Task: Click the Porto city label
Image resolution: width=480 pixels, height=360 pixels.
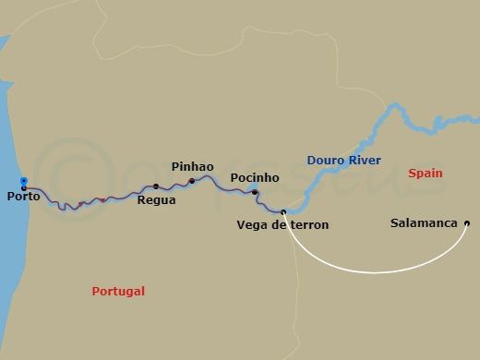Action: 22,197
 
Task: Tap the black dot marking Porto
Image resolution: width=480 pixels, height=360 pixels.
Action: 23,188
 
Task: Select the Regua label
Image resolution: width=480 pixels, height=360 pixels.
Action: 156,199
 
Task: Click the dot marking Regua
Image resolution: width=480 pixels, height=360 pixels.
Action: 156,186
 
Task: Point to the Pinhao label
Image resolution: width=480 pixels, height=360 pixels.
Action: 192,166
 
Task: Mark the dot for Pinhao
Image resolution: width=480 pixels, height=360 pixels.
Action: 192,181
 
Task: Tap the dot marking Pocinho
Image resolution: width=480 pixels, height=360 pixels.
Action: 255,192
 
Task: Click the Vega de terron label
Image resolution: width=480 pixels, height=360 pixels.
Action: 282,224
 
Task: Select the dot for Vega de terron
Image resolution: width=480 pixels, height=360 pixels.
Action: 283,212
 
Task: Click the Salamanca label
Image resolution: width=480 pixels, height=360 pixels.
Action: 425,223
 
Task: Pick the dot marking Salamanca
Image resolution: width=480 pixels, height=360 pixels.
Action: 467,223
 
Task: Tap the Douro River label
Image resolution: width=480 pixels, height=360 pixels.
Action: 344,161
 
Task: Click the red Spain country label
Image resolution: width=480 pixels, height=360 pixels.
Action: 425,174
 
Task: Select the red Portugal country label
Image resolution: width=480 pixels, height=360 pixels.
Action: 118,291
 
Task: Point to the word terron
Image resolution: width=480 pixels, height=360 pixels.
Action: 309,224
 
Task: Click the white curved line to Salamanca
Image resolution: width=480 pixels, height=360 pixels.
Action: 378,271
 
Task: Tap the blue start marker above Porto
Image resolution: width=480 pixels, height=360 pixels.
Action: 23,181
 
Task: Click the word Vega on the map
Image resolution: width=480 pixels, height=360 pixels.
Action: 251,224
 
